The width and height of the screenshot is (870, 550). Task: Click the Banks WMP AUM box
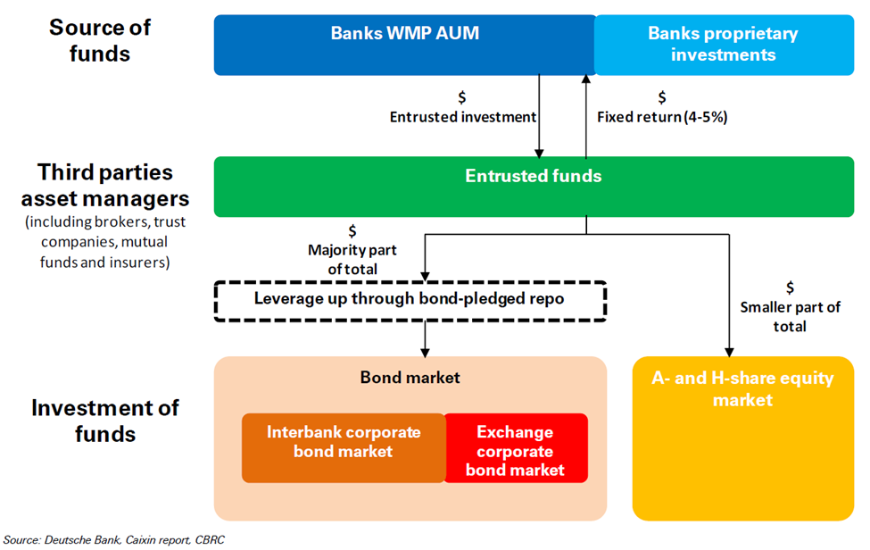(x=405, y=45)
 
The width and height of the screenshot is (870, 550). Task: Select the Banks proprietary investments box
(x=724, y=45)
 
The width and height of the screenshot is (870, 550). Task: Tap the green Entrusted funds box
(x=534, y=187)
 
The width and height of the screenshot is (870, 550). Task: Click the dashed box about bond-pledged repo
(x=410, y=301)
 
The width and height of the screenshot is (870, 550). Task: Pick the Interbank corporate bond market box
(x=344, y=448)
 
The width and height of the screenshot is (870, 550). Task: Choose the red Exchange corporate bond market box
(x=516, y=448)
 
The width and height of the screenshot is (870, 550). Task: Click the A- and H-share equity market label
(x=742, y=388)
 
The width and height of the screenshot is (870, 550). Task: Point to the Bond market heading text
(x=410, y=378)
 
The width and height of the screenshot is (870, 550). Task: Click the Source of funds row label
(x=100, y=40)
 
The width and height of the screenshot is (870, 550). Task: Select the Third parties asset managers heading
(x=105, y=186)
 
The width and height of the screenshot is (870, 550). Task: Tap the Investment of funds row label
(x=105, y=421)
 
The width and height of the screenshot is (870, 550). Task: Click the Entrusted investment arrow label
(x=463, y=117)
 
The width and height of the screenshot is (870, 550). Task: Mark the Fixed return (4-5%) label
(x=662, y=117)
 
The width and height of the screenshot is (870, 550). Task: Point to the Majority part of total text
(x=352, y=259)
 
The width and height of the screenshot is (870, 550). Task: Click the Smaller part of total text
(x=790, y=316)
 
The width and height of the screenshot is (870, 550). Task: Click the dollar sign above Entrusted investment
(x=461, y=97)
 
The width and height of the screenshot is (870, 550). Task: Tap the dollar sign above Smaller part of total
(x=790, y=287)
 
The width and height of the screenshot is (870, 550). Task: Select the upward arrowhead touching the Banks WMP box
(x=586, y=79)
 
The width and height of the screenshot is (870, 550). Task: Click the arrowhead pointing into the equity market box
(x=729, y=353)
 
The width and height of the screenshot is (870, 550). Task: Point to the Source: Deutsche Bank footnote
(x=113, y=540)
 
